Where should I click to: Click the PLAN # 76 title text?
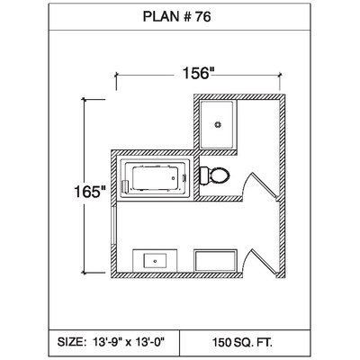(x=176, y=16)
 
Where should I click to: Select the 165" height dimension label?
(x=90, y=192)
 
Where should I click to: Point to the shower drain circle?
(x=218, y=124)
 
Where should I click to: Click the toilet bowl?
(x=220, y=175)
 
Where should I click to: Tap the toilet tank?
(x=204, y=175)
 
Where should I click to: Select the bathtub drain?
(x=173, y=178)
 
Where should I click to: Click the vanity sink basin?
(x=155, y=261)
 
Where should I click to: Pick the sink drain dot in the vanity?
(x=155, y=261)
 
